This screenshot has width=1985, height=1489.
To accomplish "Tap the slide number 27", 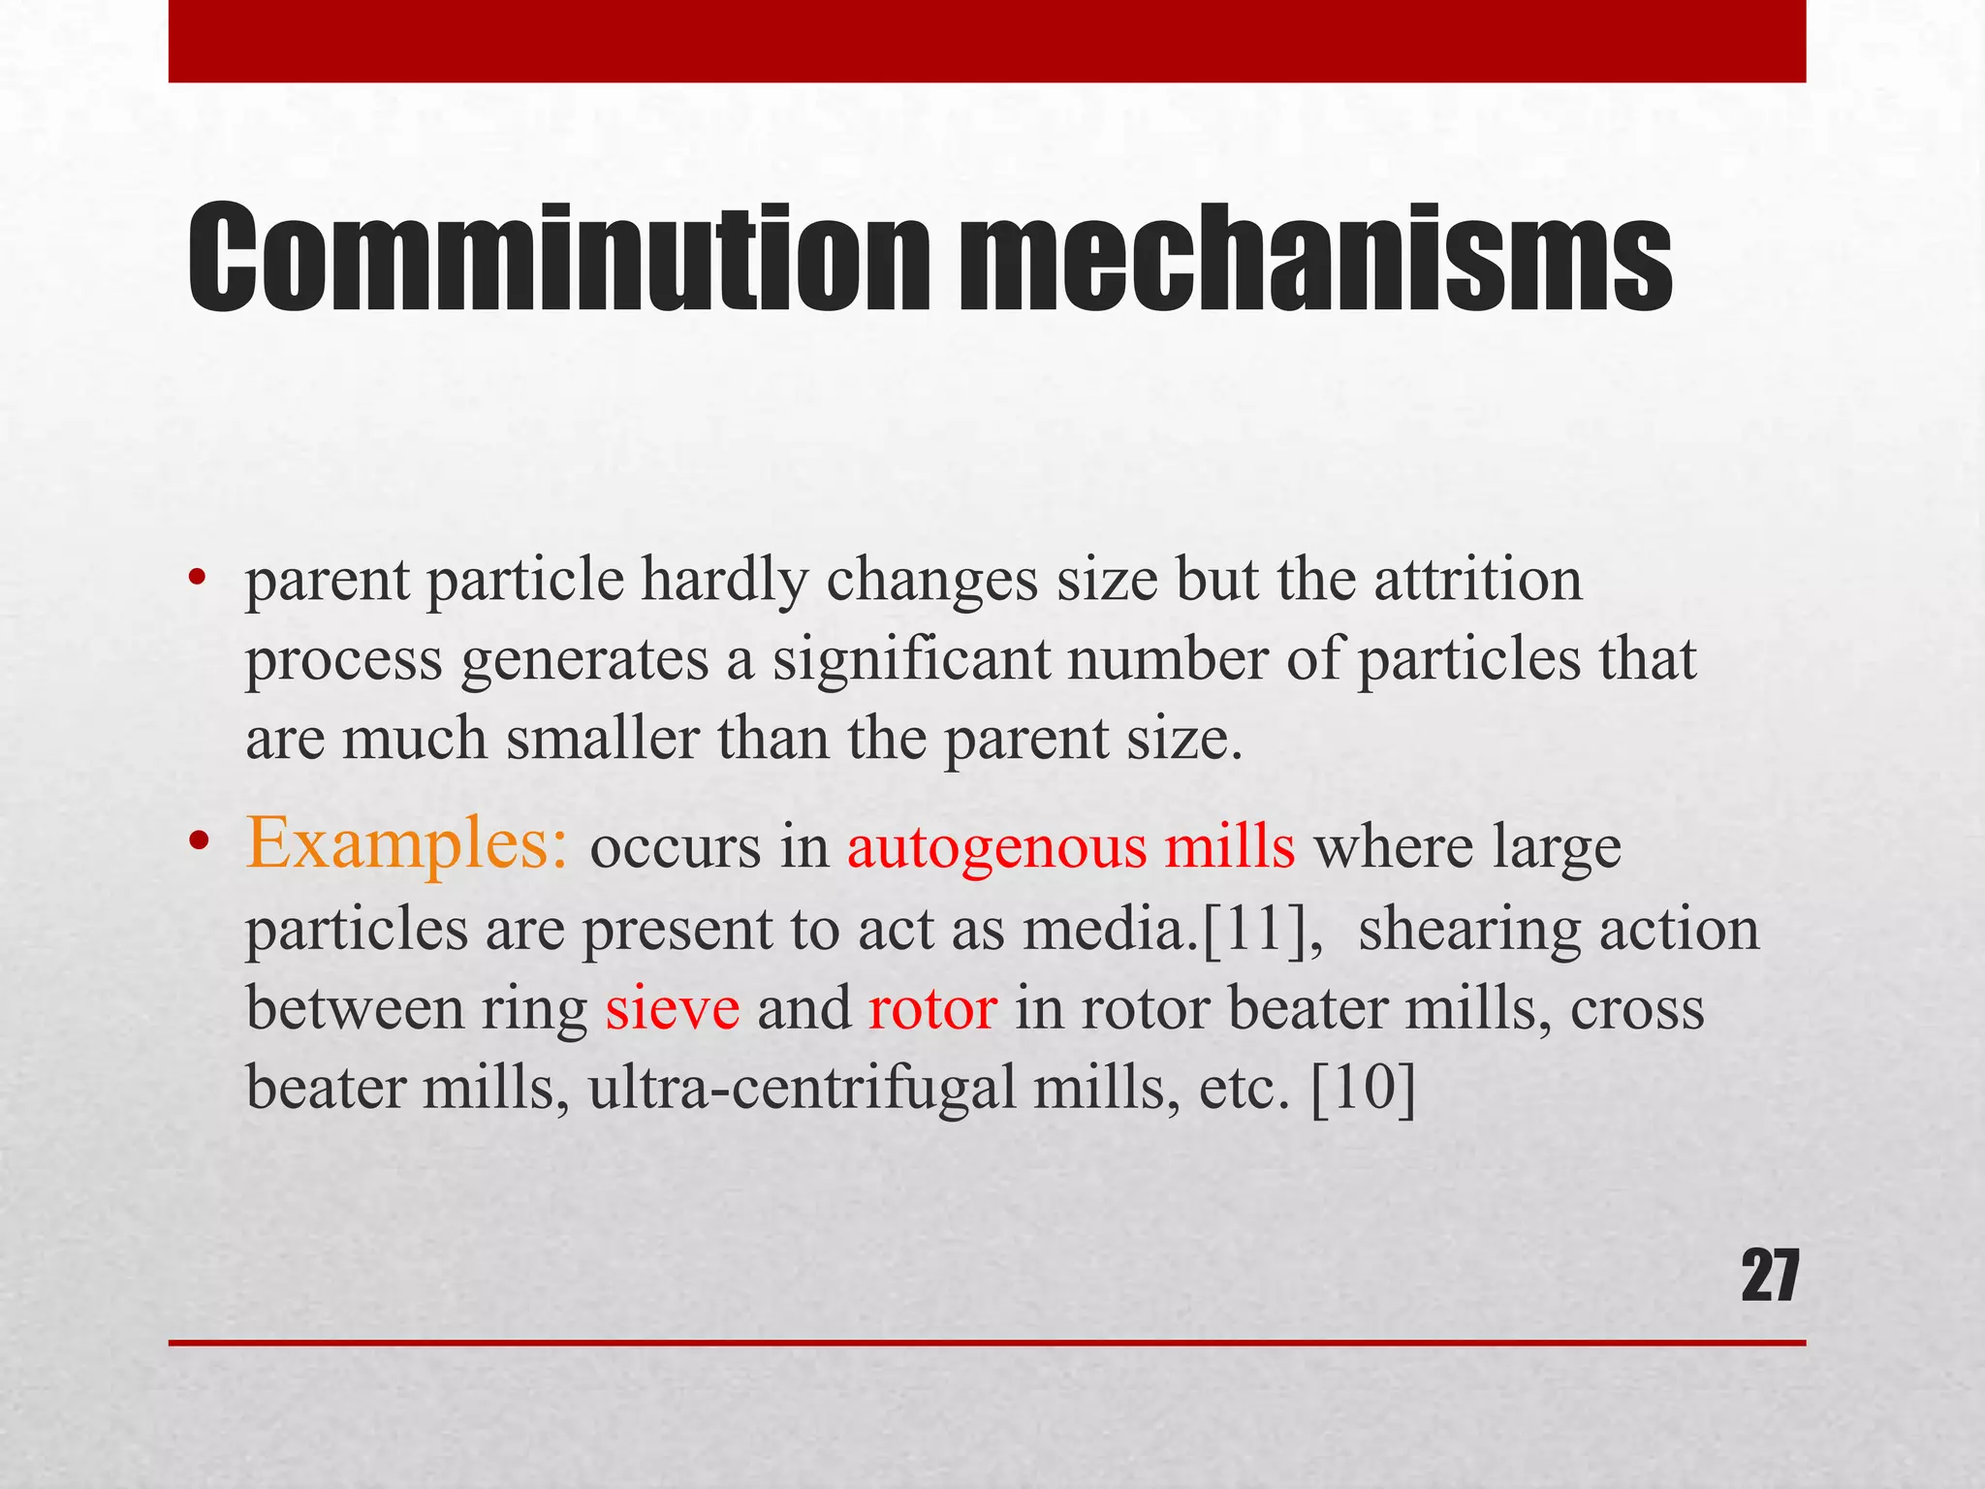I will click(x=1770, y=1278).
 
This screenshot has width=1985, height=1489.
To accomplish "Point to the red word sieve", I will click(x=673, y=1008).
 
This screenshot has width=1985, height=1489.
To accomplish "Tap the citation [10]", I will click(x=1363, y=1089).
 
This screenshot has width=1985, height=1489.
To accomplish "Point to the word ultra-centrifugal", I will click(x=803, y=1089).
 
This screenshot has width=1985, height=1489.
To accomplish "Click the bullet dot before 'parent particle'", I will click(x=199, y=581).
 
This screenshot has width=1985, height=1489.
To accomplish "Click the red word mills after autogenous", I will click(x=1229, y=846).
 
